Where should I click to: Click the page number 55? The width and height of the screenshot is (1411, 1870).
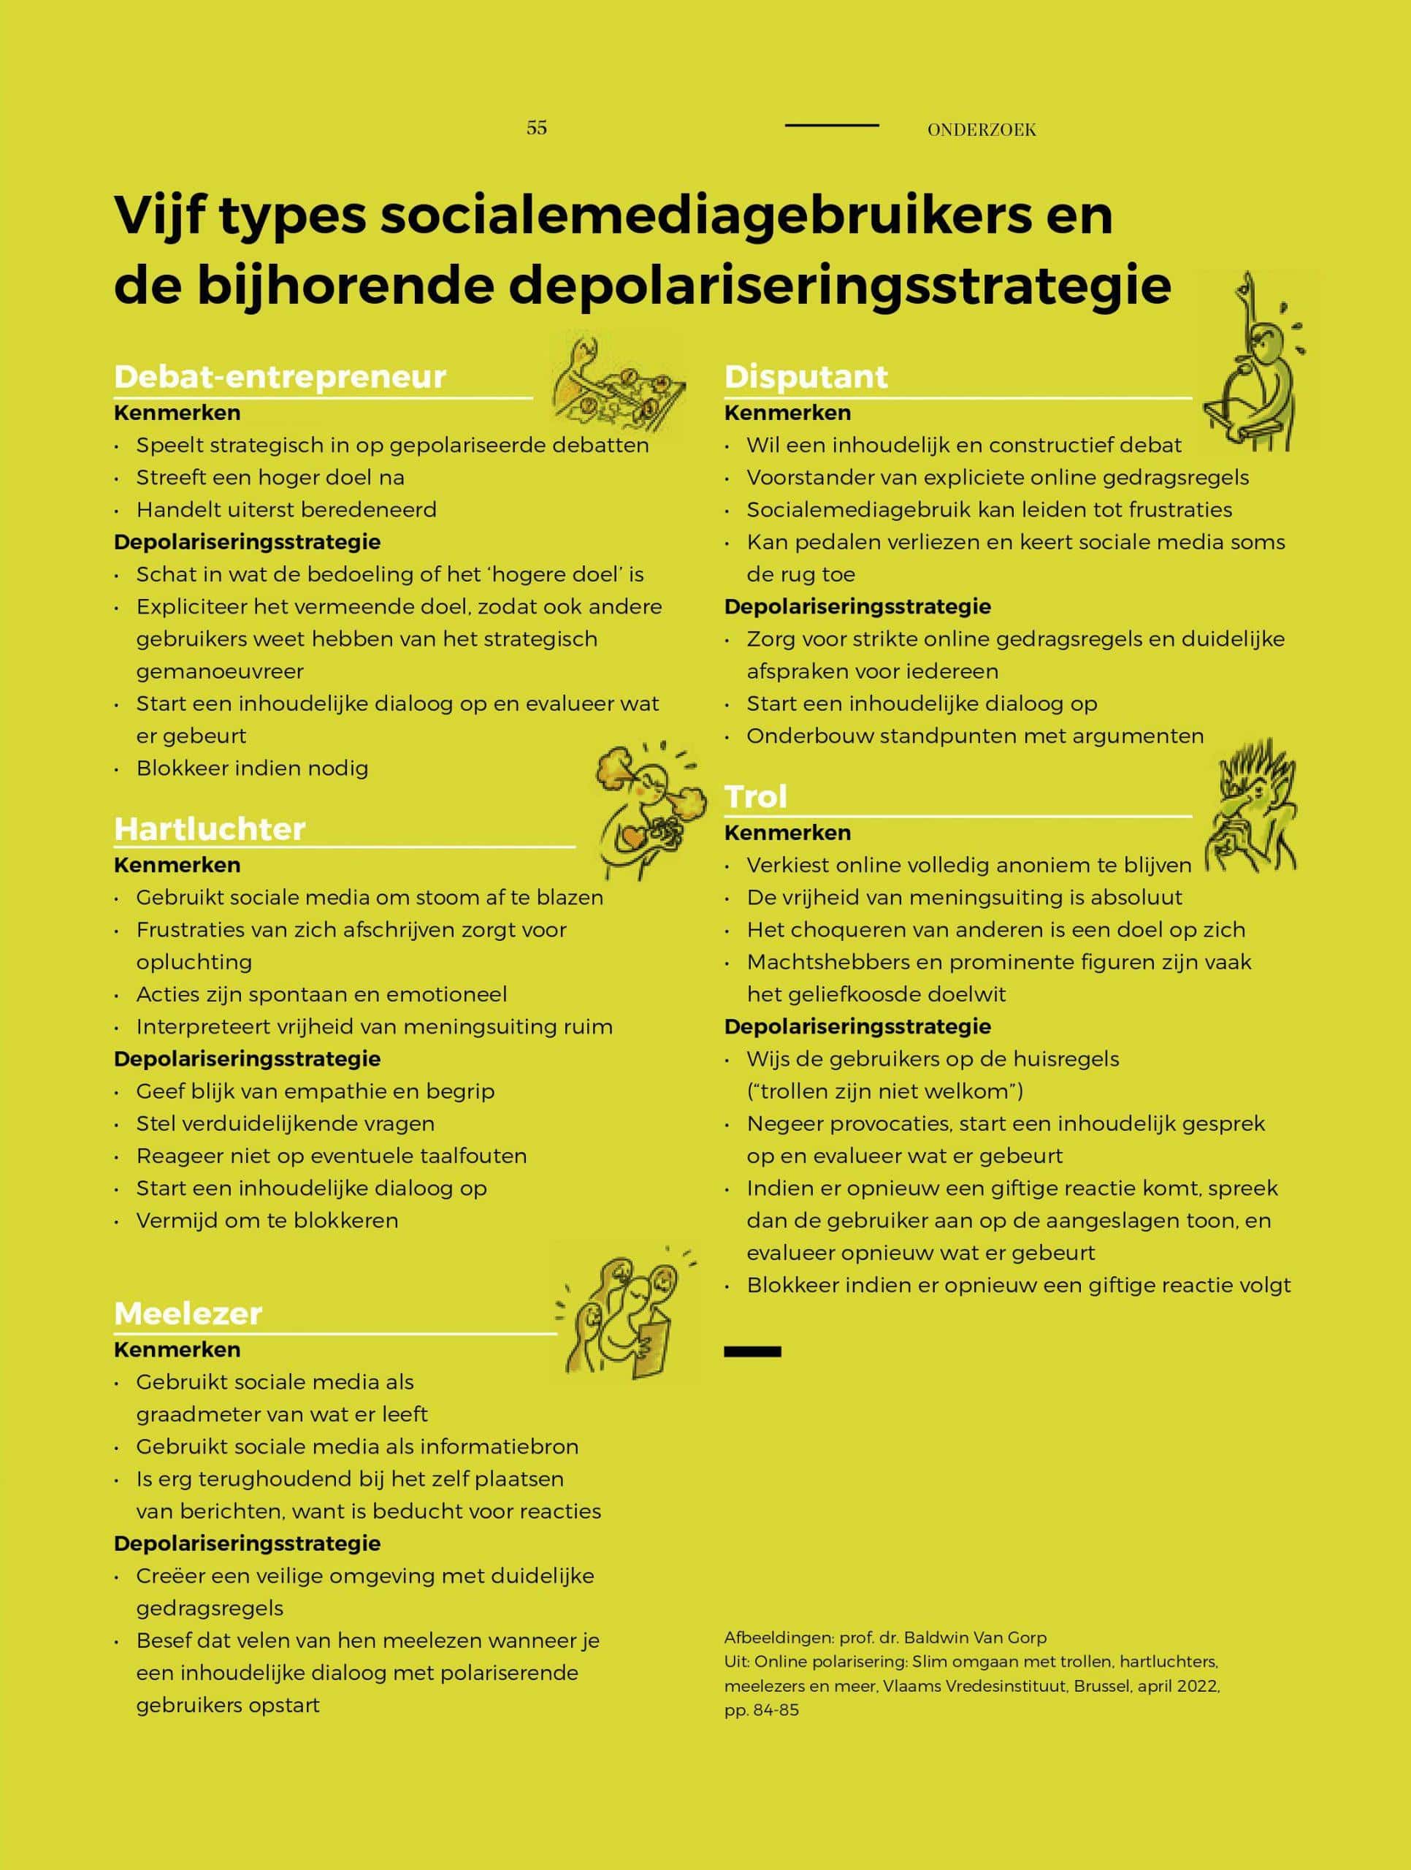[536, 128]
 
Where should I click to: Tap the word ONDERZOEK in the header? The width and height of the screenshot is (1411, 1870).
[981, 129]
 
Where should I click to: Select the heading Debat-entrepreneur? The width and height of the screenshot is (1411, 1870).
[280, 377]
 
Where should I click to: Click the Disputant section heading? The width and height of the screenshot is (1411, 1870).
[806, 377]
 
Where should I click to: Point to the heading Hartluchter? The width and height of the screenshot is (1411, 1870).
[210, 828]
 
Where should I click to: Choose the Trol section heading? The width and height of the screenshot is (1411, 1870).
[756, 796]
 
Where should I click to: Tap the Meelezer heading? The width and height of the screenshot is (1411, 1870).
[188, 1313]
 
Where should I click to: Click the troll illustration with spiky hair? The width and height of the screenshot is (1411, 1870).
[1253, 807]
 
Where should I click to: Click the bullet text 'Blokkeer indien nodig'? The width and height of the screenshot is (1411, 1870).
[252, 768]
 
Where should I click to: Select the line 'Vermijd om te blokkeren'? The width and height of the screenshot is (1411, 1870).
[267, 1221]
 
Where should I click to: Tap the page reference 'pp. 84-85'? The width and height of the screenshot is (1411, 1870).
[761, 1709]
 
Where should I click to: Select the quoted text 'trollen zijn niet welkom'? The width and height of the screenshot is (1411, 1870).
[885, 1091]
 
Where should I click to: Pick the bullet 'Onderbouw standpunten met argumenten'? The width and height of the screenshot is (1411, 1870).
[975, 736]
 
